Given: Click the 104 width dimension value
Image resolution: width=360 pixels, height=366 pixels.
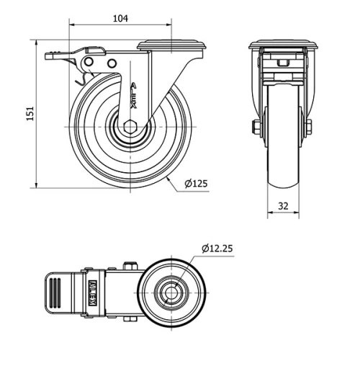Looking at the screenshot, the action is coord(120,19).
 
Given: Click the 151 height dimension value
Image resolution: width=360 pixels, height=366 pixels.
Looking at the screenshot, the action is coord(30,113).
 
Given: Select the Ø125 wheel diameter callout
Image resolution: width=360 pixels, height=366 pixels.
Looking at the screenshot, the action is coord(196,184).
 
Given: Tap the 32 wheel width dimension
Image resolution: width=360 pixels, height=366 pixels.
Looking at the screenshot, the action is coord(283,206).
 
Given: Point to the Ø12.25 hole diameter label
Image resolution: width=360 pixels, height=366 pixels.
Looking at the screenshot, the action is coord(217,249).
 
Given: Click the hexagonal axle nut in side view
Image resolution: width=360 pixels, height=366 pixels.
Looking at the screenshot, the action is coord(130,127).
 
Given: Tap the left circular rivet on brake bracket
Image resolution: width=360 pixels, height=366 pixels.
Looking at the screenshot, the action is coord(89,62).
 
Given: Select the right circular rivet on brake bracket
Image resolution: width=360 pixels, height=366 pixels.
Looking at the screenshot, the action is coord(112,63).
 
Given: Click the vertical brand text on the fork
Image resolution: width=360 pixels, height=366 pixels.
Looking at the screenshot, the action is coord(133,95).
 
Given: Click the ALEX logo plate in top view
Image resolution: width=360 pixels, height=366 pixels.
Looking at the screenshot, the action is coord(93,293).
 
